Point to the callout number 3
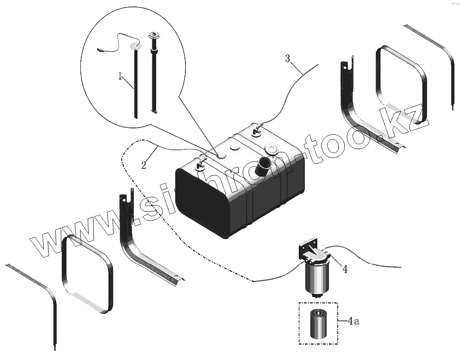[288, 59]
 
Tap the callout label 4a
[354, 321]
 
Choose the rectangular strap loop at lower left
[87, 274]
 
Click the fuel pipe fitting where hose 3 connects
[256, 130]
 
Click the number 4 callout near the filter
[344, 268]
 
